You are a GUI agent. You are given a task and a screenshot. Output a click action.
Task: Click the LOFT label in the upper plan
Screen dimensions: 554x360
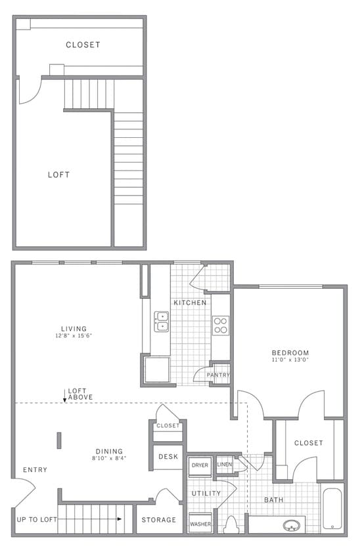click(x=58, y=175)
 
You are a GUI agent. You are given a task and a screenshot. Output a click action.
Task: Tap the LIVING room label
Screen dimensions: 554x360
click(x=74, y=329)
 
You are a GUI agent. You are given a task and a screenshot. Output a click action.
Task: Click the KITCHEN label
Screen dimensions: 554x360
click(x=190, y=303)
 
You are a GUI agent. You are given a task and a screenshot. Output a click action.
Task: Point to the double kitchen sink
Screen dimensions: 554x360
click(x=161, y=321)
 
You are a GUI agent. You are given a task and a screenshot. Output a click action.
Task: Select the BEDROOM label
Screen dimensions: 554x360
click(x=290, y=352)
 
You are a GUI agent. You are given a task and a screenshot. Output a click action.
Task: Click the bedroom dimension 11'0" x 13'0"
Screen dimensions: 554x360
click(x=290, y=360)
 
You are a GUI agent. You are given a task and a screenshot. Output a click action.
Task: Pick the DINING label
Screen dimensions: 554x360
click(x=109, y=451)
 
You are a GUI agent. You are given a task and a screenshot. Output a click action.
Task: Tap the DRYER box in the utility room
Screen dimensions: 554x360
click(x=200, y=465)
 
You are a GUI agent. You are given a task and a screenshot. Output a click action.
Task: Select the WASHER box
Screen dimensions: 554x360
click(x=200, y=524)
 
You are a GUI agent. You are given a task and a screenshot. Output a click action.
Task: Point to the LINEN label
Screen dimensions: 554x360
click(x=225, y=465)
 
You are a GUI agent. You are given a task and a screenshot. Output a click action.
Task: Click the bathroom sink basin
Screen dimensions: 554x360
click(x=290, y=525)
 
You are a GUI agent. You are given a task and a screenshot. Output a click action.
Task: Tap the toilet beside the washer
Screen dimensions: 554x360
click(x=231, y=526)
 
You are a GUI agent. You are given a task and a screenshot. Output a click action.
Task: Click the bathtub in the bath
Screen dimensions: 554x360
click(x=332, y=509)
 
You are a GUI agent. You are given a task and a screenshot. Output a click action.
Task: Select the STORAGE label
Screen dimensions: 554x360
click(x=160, y=520)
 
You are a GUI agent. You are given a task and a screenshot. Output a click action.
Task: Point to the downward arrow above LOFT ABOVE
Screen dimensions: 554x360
click(x=64, y=395)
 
